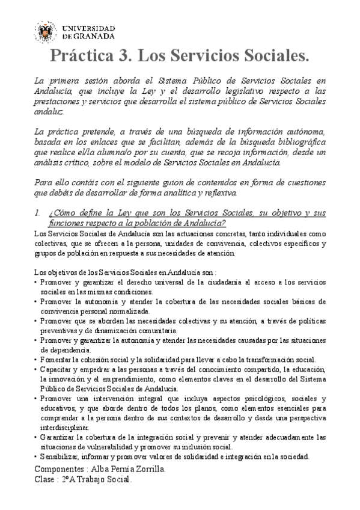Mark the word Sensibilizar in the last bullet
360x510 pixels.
pyautogui.click(x=59, y=457)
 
